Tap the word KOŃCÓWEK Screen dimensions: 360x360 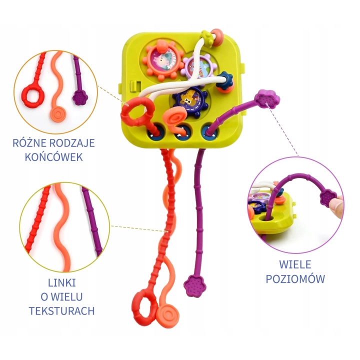[53, 157]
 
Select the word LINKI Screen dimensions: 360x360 [62, 283]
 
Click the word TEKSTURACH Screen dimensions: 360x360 [62, 311]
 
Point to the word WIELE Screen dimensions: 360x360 [295, 264]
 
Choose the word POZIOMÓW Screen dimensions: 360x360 [295, 279]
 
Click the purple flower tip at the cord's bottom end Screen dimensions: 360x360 [194, 285]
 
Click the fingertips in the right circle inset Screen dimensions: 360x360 [337, 204]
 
